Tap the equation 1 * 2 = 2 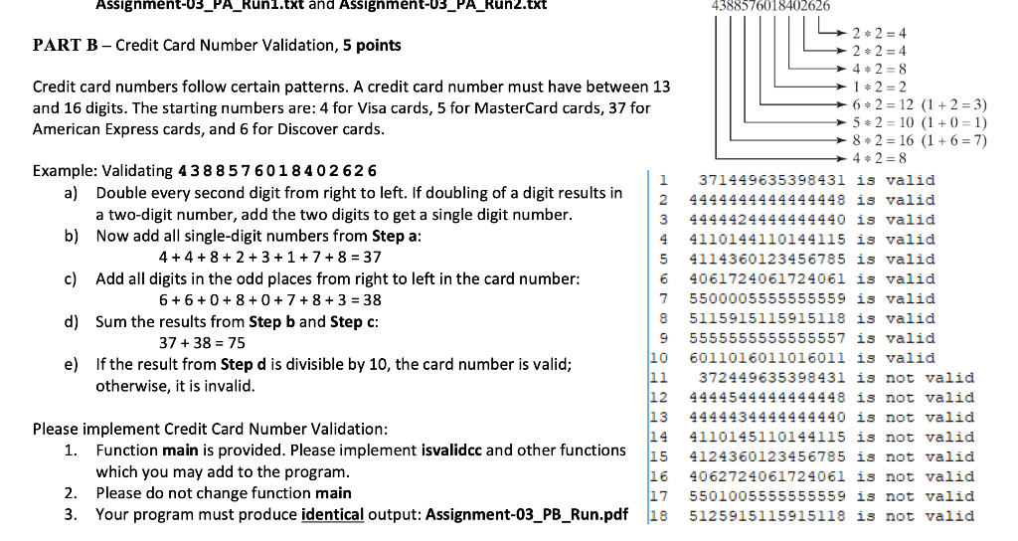(x=875, y=87)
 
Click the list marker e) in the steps (x=73, y=364)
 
